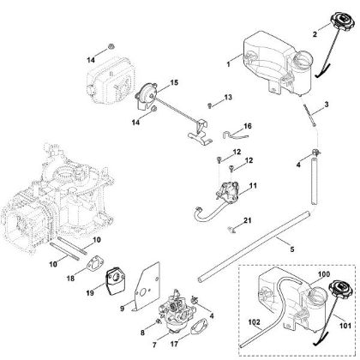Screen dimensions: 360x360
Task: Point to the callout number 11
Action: tap(252, 185)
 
